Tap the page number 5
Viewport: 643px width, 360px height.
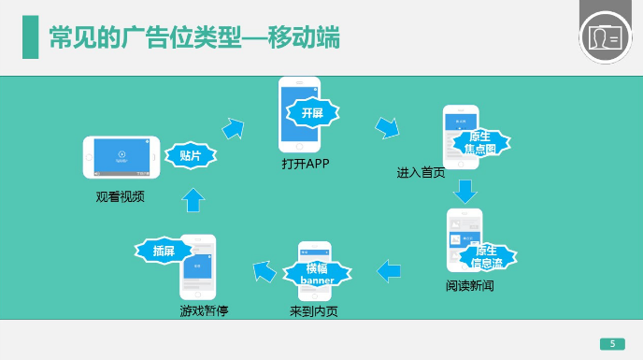612,342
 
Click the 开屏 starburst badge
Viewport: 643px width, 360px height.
310,113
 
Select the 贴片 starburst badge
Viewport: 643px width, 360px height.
190,156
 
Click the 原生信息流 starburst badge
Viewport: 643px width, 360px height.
486,257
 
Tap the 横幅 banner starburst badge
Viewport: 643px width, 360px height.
317,274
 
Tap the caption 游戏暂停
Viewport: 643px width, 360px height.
204,310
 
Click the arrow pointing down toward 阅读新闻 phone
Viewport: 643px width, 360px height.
464,192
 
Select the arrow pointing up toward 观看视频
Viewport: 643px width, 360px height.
193,198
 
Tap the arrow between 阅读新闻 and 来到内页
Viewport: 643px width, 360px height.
389,271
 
